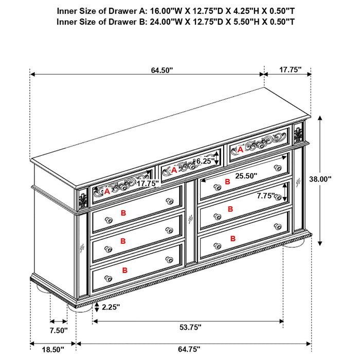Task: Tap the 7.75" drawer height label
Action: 265,195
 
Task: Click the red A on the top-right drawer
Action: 240,150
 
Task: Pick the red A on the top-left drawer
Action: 106,191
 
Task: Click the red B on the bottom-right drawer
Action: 232,238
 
